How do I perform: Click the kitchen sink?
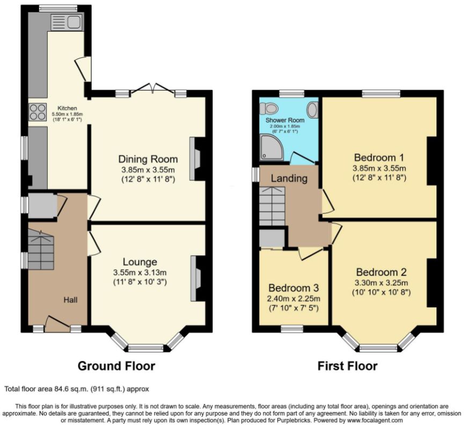(67, 22)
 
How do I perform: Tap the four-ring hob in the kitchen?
(38, 112)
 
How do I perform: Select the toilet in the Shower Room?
(268, 108)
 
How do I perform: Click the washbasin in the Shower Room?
(312, 109)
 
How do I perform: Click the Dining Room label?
(148, 159)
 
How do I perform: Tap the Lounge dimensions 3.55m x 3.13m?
(140, 272)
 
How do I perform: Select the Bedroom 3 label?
(294, 288)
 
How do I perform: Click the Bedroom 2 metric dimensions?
(381, 283)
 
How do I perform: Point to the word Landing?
(289, 178)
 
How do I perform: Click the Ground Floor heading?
(116, 366)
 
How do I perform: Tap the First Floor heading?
(348, 366)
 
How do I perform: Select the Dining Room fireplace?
(195, 159)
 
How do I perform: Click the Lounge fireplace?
(196, 278)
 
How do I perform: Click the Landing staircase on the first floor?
(272, 206)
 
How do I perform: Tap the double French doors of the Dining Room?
(152, 88)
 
